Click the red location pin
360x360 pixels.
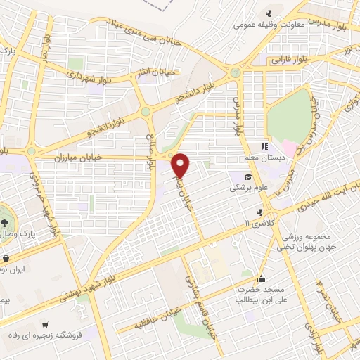(x=181, y=165)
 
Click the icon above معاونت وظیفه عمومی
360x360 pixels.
(x=268, y=13)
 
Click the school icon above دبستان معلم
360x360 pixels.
(x=264, y=147)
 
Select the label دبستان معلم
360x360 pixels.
(x=261, y=158)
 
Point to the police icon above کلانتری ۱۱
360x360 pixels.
(x=261, y=212)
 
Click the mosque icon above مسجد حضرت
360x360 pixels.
(x=261, y=278)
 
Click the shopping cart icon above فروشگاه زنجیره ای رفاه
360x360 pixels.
(x=45, y=325)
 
